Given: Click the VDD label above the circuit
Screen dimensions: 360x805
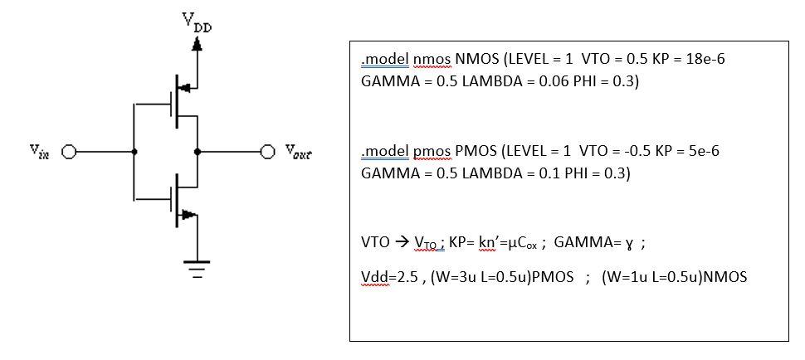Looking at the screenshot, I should (198, 22).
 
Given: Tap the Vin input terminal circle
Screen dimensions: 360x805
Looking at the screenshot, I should (68, 153).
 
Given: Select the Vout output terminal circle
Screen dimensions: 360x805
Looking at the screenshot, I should (267, 153).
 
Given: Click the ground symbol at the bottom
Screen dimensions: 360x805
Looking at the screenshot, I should (197, 270).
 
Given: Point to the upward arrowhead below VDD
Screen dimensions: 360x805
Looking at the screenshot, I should (198, 45).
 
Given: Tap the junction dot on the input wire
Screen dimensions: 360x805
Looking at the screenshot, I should (134, 153).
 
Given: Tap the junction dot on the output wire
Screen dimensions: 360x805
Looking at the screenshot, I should (197, 153).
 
